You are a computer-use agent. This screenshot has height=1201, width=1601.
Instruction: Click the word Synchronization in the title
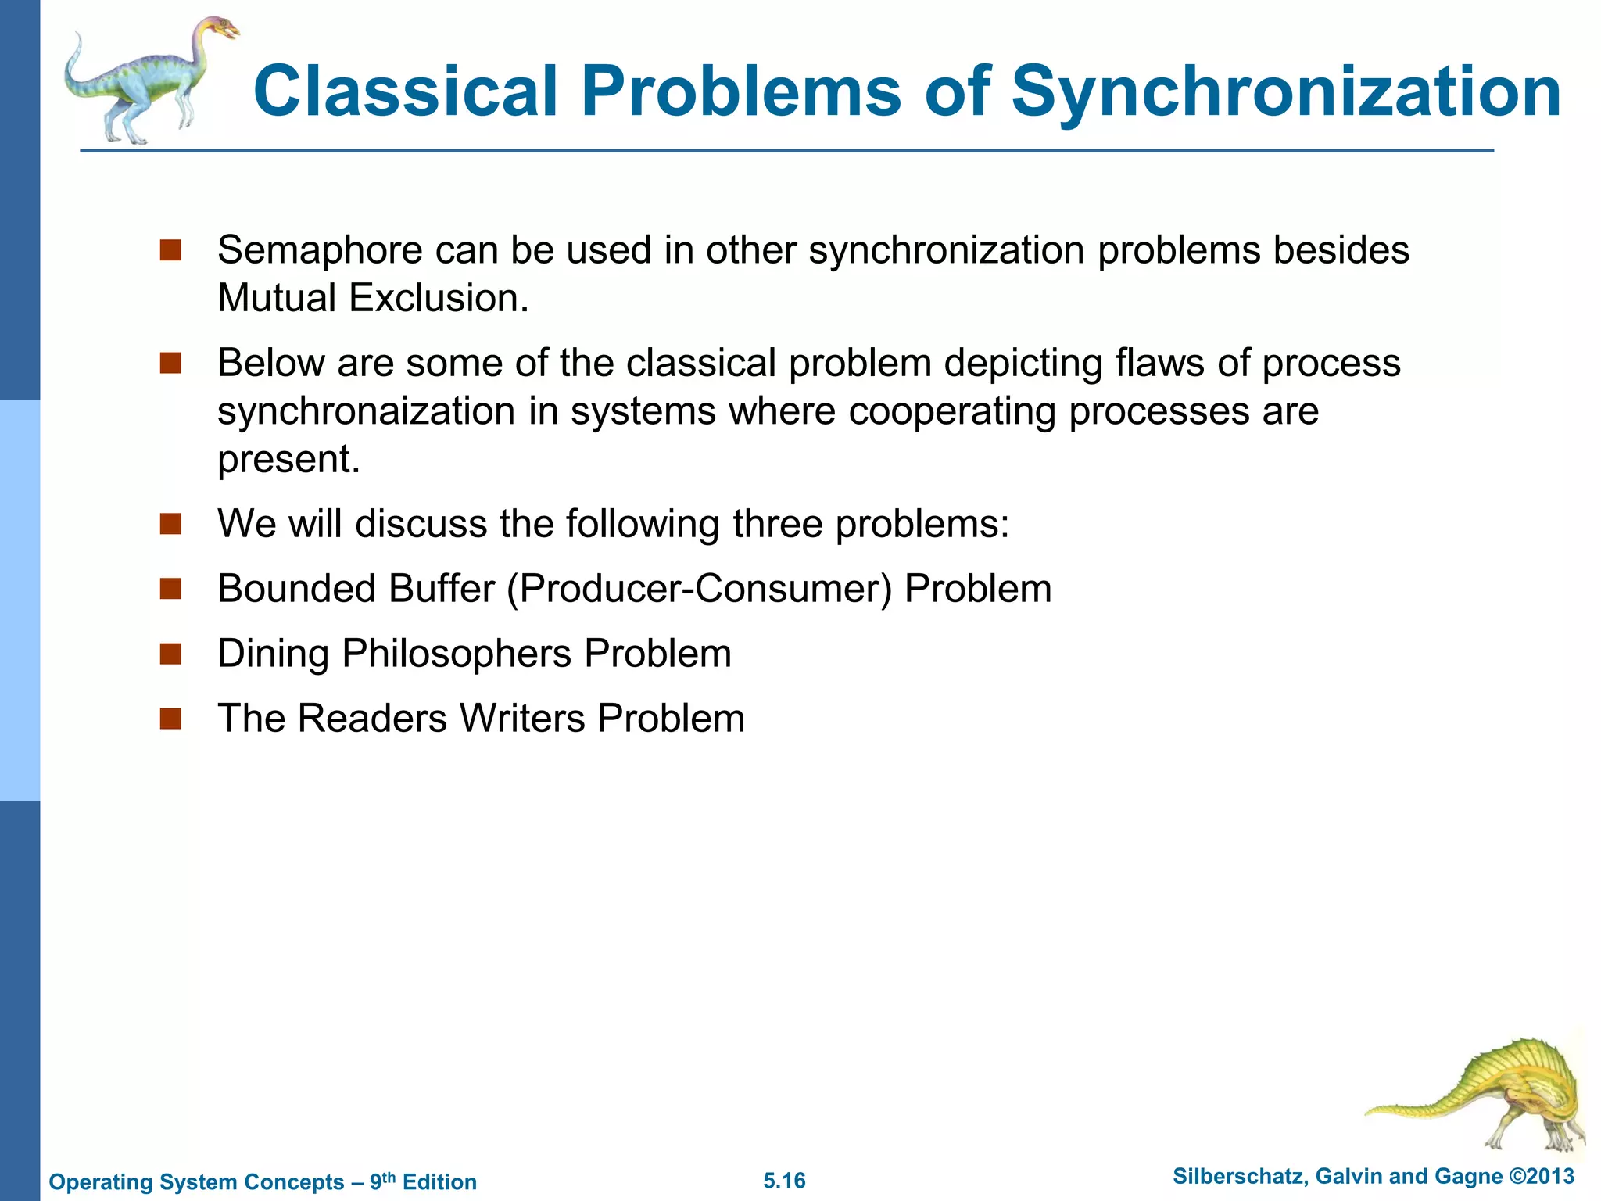[x=1286, y=92]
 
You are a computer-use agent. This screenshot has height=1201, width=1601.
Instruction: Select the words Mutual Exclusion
[x=372, y=299]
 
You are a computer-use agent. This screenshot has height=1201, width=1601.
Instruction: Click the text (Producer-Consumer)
[x=699, y=589]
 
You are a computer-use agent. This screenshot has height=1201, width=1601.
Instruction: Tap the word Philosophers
[x=457, y=654]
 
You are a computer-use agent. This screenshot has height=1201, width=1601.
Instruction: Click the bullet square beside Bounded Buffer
[x=170, y=589]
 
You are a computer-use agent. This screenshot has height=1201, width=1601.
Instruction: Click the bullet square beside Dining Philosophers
[x=170, y=654]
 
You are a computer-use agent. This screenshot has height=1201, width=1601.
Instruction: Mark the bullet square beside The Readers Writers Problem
[x=170, y=719]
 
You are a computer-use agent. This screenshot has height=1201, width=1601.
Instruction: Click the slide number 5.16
[x=784, y=1181]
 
